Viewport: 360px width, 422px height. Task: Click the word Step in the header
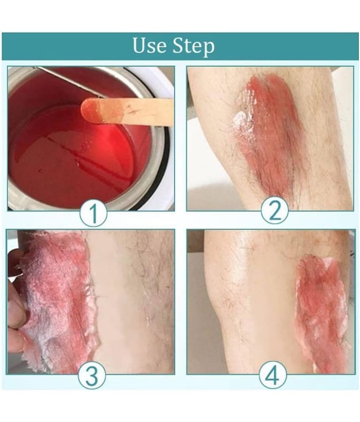(x=193, y=47)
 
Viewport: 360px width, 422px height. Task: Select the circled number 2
(x=275, y=210)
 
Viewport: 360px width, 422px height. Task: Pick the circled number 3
(x=92, y=375)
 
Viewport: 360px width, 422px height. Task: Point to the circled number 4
(x=273, y=375)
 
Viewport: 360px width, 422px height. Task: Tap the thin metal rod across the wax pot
(x=70, y=82)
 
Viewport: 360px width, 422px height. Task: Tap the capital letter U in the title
(x=140, y=45)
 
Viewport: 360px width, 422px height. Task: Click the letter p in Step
(x=208, y=49)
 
